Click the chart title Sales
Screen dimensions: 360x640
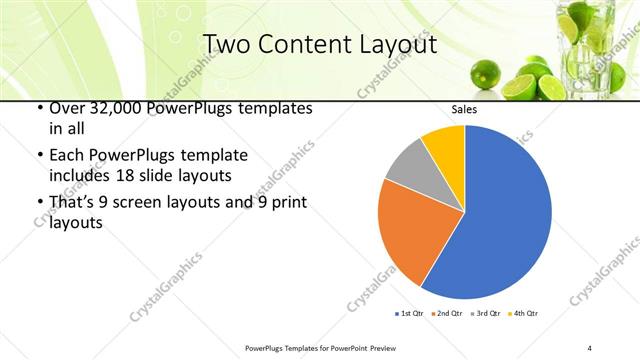click(464, 109)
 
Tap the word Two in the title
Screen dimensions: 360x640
click(227, 45)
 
